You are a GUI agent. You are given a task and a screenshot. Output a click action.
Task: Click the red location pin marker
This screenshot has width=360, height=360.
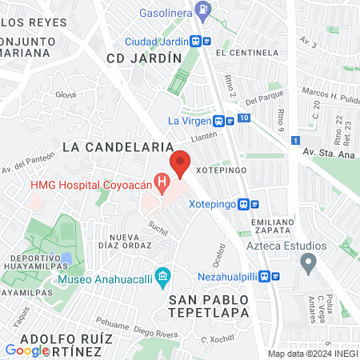[180, 163]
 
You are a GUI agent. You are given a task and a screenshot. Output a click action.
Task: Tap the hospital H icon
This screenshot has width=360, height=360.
[163, 185]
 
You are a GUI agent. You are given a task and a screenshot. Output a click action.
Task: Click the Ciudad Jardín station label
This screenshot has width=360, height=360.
[156, 42]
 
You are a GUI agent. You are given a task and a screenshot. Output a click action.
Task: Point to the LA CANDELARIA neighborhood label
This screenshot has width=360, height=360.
[118, 147]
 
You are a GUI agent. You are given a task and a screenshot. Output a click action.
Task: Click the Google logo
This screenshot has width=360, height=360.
[26, 350]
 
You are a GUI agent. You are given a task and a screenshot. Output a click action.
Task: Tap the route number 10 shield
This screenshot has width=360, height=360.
[243, 118]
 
